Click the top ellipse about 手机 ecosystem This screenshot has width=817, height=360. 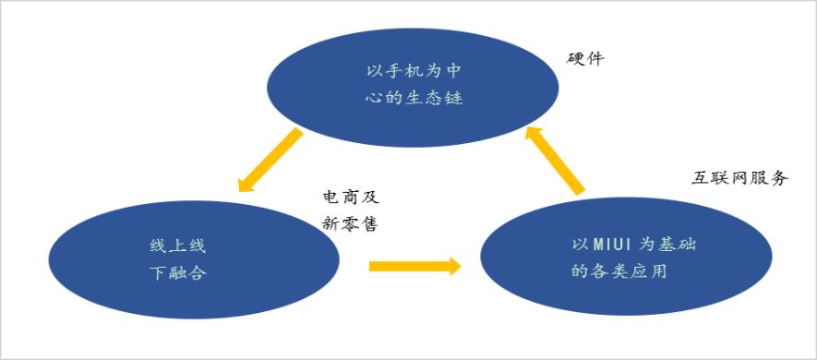point(413,88)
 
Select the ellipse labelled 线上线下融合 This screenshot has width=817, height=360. point(194,259)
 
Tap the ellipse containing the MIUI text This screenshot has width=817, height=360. point(626,256)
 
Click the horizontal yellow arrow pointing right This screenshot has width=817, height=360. point(415,266)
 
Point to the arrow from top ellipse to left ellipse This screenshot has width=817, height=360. point(270,160)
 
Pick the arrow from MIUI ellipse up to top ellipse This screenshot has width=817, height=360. point(555,160)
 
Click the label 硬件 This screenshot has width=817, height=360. point(585,59)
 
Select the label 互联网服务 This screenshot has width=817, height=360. point(739,178)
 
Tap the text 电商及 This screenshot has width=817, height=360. point(349,197)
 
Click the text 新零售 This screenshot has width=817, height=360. point(349,224)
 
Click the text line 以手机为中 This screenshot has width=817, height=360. point(414,71)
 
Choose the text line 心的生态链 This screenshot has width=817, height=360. point(414,98)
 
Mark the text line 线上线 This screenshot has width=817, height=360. point(178,246)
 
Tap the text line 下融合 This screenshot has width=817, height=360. point(178,272)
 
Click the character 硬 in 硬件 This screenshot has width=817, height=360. point(576,59)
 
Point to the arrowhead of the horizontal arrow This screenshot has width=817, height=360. point(455,266)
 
